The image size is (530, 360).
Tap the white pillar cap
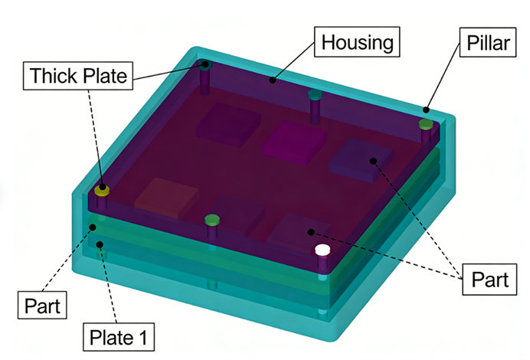pyautogui.click(x=322, y=250)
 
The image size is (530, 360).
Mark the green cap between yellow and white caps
pyautogui.click(x=212, y=221)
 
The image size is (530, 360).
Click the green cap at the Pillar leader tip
pyautogui.click(x=425, y=123)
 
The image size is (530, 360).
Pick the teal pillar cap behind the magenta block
pyautogui.click(x=314, y=96)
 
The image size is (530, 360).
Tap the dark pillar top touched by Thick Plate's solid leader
pyautogui.click(x=204, y=66)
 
